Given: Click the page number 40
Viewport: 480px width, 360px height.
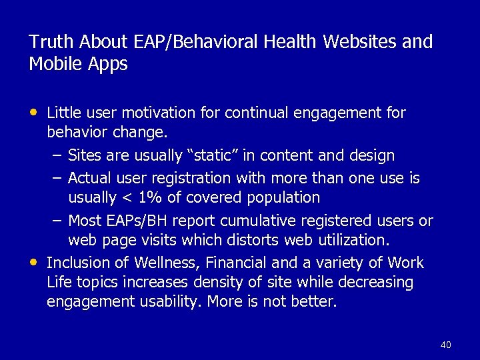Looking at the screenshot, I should coord(446,345).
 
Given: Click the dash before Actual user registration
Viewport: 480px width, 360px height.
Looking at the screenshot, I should coord(57,177).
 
